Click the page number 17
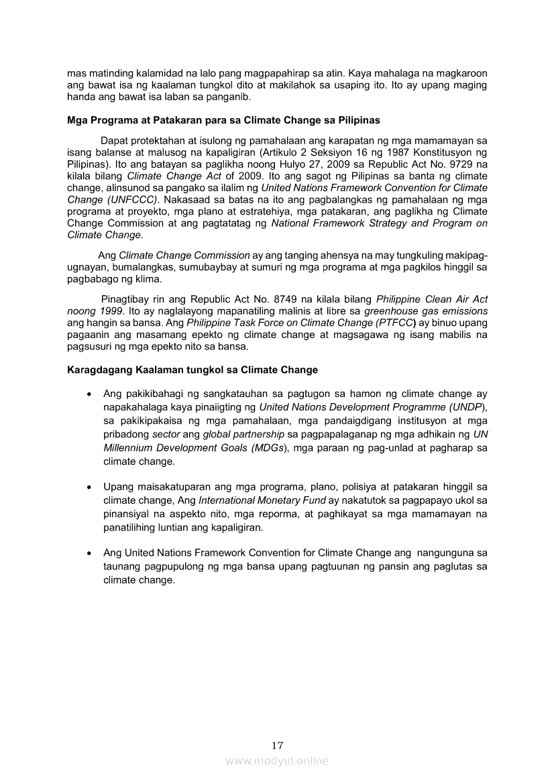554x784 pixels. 277,745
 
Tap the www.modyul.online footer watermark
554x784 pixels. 277,761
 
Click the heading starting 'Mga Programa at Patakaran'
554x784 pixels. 223,121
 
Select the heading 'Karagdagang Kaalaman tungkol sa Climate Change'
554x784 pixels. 192,370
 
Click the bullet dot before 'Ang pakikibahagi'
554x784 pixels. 89,394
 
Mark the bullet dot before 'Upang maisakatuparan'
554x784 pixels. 89,487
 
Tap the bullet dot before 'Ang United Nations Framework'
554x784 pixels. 89,554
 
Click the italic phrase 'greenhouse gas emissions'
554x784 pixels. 425,311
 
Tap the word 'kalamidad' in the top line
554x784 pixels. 146,72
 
